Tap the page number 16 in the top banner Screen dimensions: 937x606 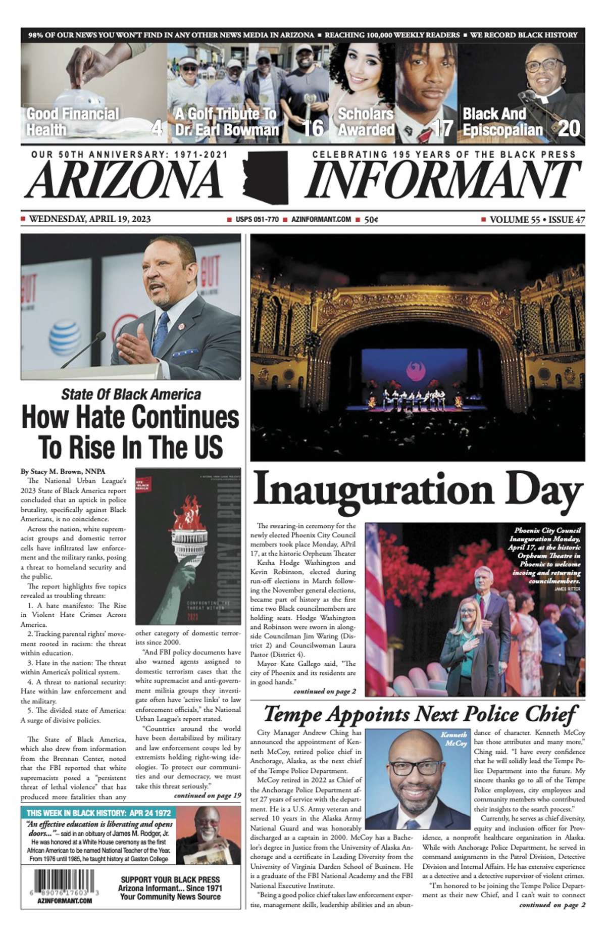pyautogui.click(x=313, y=128)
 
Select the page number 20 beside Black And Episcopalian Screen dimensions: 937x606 pyautogui.click(x=569, y=128)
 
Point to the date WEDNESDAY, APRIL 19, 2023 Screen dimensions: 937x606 pyautogui.click(x=89, y=219)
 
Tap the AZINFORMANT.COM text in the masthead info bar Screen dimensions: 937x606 pyautogui.click(x=321, y=219)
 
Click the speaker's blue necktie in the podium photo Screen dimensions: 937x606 pyautogui.click(x=161, y=333)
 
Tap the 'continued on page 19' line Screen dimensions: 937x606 pyautogui.click(x=207, y=796)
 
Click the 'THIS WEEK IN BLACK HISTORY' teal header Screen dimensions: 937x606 pyautogui.click(x=98, y=813)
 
